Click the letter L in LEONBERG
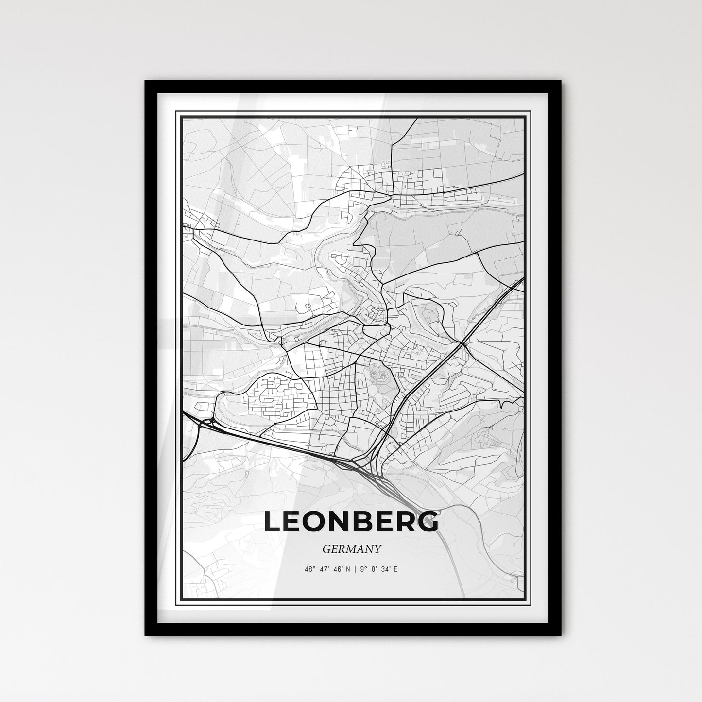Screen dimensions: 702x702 pyautogui.click(x=273, y=522)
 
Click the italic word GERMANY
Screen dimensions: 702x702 pyautogui.click(x=351, y=548)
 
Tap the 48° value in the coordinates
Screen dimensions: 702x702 pyautogui.click(x=311, y=569)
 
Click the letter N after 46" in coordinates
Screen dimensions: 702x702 pyautogui.click(x=349, y=569)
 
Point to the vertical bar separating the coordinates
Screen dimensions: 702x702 pyautogui.click(x=356, y=569)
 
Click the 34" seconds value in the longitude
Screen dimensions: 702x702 pyautogui.click(x=386, y=569)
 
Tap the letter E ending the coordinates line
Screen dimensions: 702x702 pyautogui.click(x=395, y=569)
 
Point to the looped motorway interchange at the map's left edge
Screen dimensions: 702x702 pyautogui.click(x=208, y=422)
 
